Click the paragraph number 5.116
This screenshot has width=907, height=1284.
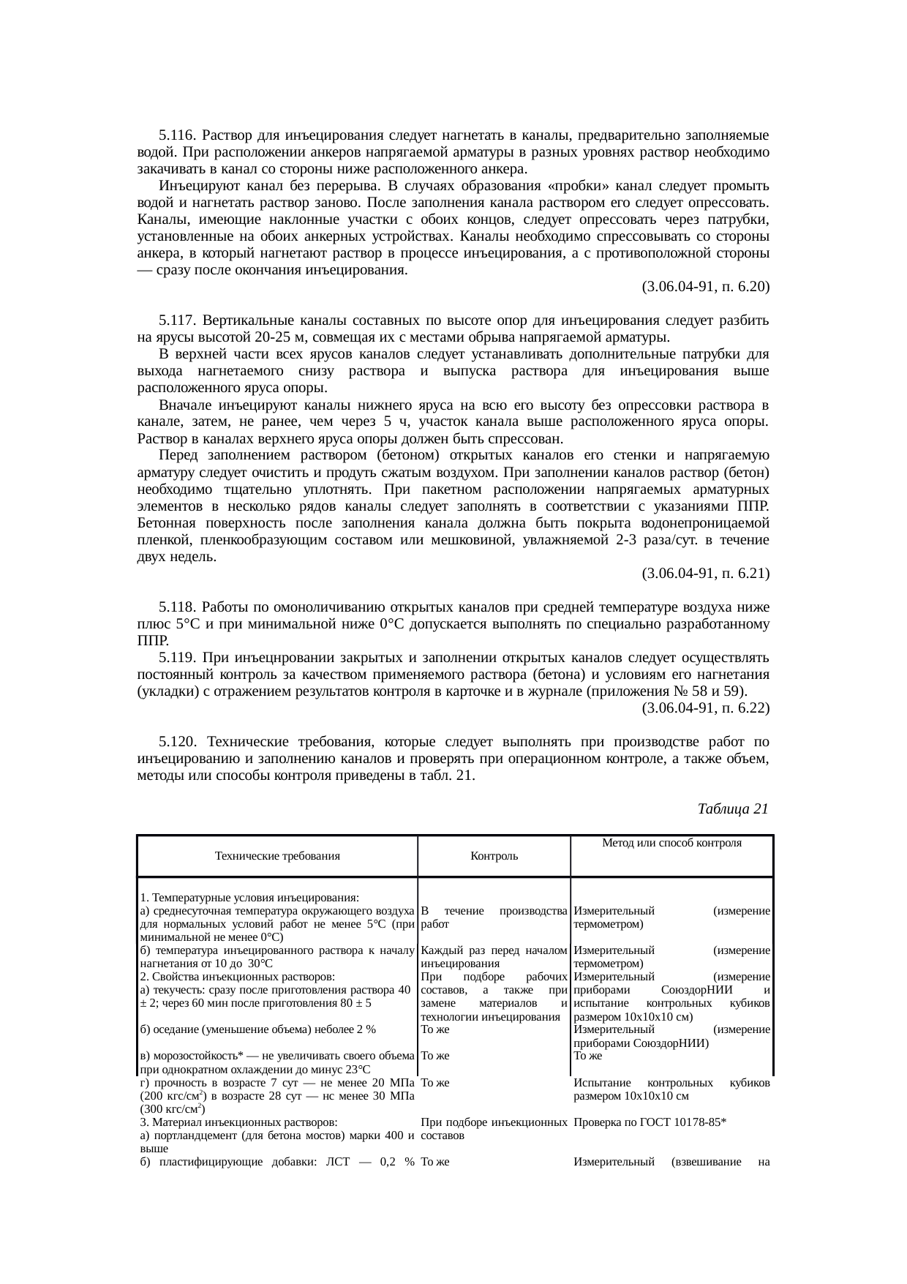[x=178, y=135]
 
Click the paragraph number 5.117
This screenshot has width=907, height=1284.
[x=178, y=320]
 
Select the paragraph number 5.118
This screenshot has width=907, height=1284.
[x=178, y=607]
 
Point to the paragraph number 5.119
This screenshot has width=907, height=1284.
[x=178, y=658]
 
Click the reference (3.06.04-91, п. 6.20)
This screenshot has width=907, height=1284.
[x=705, y=287]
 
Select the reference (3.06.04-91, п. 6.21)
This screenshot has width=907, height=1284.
[x=705, y=574]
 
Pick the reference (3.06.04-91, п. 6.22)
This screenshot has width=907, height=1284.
[x=705, y=708]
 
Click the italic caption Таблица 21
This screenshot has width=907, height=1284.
[x=733, y=808]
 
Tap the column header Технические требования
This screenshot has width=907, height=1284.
[x=277, y=855]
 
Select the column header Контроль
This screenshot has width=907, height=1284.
[x=494, y=855]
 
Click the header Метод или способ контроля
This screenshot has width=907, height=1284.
[x=671, y=843]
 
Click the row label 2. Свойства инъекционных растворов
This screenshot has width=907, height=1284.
[x=238, y=977]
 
